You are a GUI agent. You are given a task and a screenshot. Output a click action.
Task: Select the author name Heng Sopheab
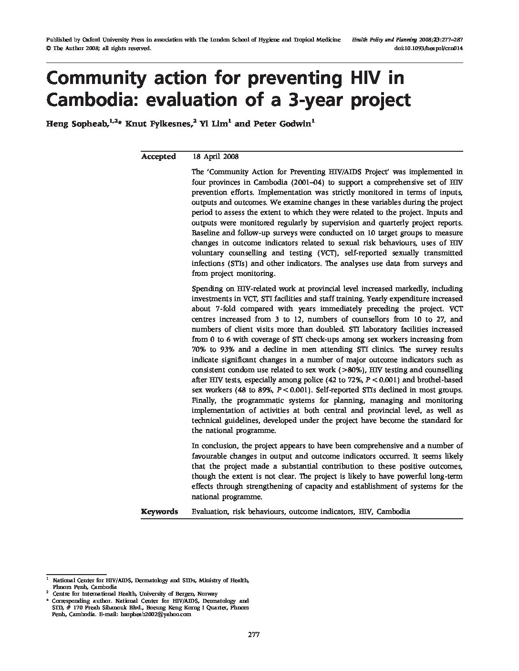(76, 124)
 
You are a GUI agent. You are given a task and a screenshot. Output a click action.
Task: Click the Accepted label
(158, 157)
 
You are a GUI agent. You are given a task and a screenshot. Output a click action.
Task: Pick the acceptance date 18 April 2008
(216, 157)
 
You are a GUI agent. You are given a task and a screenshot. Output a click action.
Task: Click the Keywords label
(159, 512)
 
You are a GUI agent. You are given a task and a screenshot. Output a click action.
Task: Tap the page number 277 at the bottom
(253, 635)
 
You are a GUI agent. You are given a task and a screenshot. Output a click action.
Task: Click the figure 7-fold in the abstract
(223, 309)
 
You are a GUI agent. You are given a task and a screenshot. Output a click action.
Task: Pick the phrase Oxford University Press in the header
(113, 40)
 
